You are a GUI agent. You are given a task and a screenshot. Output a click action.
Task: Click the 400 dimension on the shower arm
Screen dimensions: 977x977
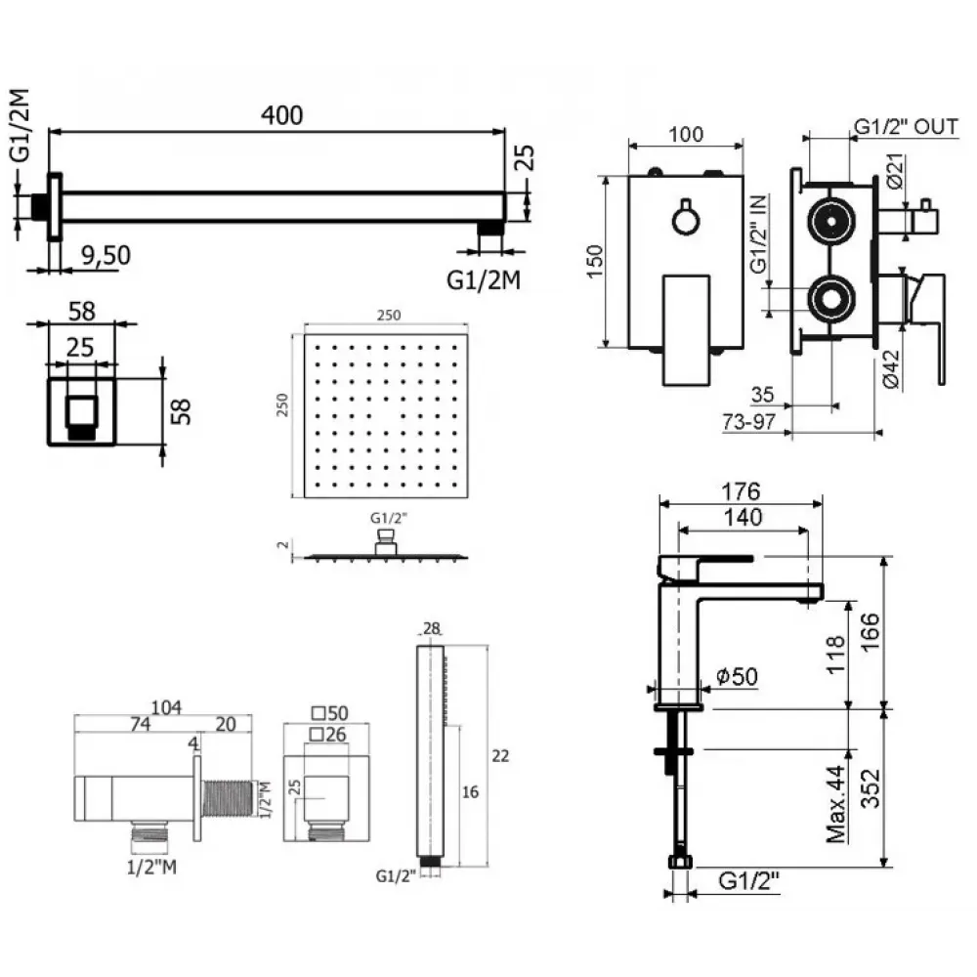tap(282, 114)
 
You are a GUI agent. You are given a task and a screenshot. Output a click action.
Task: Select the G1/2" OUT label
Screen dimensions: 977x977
tap(906, 127)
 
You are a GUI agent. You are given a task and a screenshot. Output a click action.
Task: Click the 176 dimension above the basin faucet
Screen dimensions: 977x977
tap(739, 490)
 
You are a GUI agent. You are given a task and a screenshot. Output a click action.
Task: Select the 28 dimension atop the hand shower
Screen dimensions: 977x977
tap(431, 627)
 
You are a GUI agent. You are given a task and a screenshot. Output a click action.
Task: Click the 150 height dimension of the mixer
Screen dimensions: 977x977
tap(596, 261)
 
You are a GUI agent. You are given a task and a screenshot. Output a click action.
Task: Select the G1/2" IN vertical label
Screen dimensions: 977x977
tap(758, 233)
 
